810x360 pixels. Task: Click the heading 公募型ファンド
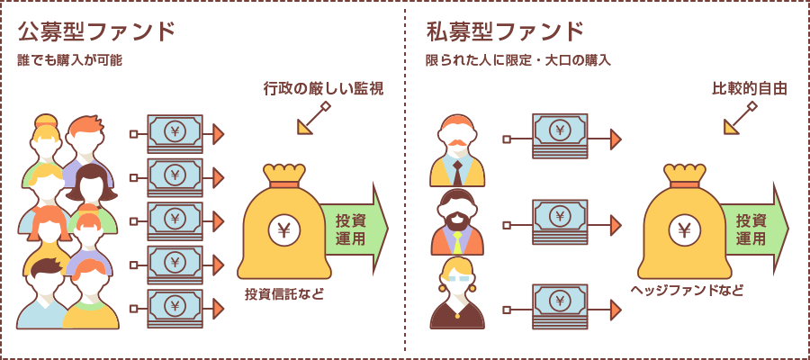[x=95, y=32]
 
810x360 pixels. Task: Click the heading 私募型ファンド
[x=505, y=32]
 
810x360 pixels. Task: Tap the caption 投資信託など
[x=283, y=294]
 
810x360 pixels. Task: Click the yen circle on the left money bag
[x=284, y=230]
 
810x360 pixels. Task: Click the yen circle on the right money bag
[x=685, y=230]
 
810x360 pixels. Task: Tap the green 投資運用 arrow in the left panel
[x=355, y=229]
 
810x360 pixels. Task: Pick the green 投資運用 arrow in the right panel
[x=755, y=229]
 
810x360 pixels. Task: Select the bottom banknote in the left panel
[x=175, y=306]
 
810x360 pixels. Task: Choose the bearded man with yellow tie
[x=457, y=225]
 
